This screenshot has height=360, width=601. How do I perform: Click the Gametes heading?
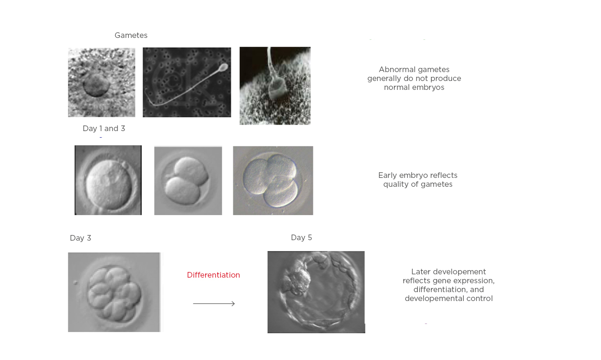pyautogui.click(x=131, y=36)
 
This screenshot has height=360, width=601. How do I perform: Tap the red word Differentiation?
pyautogui.click(x=213, y=275)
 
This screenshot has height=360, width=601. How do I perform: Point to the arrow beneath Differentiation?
pyautogui.click(x=214, y=304)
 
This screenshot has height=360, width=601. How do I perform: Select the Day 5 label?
pyautogui.click(x=301, y=238)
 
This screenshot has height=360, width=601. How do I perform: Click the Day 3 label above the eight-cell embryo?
pyautogui.click(x=81, y=238)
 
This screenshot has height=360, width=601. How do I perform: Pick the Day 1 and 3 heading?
pyautogui.click(x=104, y=129)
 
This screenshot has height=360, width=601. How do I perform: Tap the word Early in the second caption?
pyautogui.click(x=387, y=176)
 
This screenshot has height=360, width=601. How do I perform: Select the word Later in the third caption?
pyautogui.click(x=421, y=272)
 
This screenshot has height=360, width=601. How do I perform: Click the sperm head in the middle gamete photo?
pyautogui.click(x=224, y=66)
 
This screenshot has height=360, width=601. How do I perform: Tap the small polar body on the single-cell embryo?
pyautogui.click(x=124, y=165)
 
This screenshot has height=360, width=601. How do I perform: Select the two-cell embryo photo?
pyautogui.click(x=188, y=181)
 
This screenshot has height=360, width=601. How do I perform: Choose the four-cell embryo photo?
pyautogui.click(x=273, y=181)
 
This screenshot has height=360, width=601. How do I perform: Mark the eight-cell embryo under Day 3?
pyautogui.click(x=114, y=293)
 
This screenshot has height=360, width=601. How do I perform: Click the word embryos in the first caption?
pyautogui.click(x=427, y=88)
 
